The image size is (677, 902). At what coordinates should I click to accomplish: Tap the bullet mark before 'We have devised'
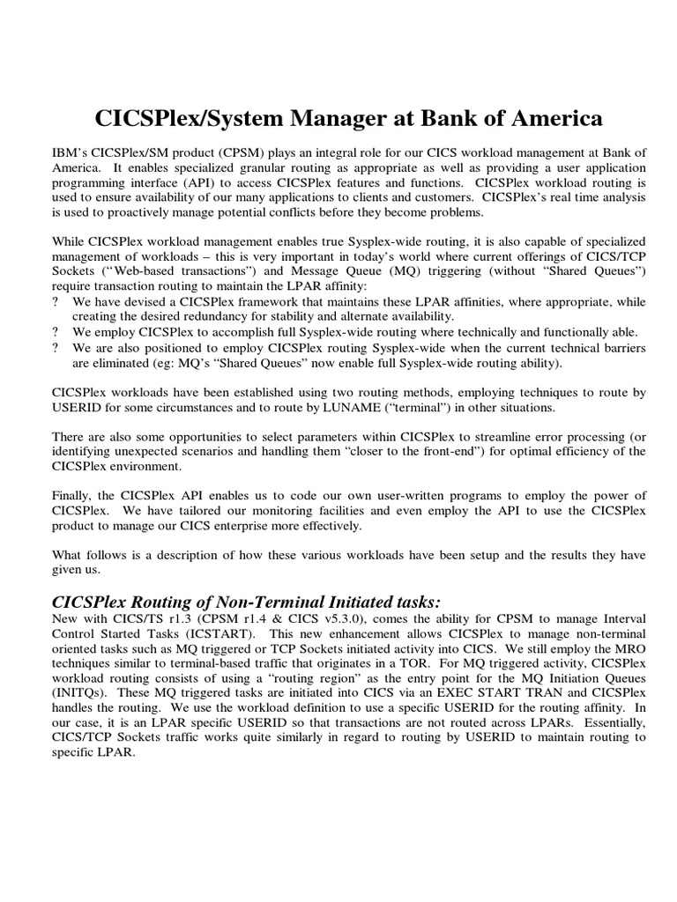point(57,301)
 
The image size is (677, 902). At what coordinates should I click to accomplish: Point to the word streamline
point(448,437)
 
